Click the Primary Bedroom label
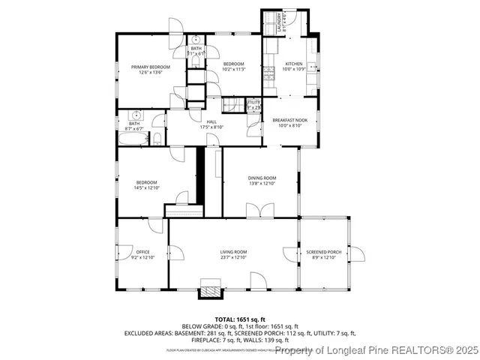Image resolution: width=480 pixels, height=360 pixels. pyautogui.click(x=151, y=67)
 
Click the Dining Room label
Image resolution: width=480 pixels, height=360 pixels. pyautogui.click(x=262, y=178)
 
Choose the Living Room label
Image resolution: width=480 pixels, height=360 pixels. pyautogui.click(x=233, y=252)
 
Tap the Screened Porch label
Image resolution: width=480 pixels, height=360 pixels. pyautogui.click(x=324, y=252)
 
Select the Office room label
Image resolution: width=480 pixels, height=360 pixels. pyautogui.click(x=142, y=252)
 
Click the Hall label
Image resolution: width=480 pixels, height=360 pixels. pyautogui.click(x=212, y=122)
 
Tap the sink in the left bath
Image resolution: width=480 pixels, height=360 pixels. pyautogui.click(x=136, y=115)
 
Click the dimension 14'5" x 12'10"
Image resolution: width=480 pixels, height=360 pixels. pyautogui.click(x=146, y=188)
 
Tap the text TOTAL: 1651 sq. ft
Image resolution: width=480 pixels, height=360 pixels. pyautogui.click(x=239, y=319)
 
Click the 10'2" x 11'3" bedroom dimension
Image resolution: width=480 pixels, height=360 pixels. pyautogui.click(x=234, y=70)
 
